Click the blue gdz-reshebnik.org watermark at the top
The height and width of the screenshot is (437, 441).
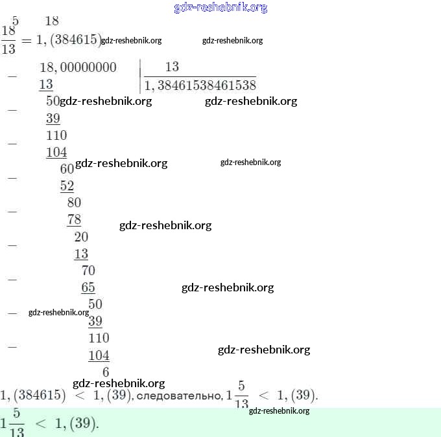pos(220,8)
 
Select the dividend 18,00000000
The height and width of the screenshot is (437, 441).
pos(78,67)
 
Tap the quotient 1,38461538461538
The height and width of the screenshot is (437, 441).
pos(200,85)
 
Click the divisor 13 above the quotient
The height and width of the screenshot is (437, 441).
pos(172,67)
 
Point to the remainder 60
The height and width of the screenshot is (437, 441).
pos(67,168)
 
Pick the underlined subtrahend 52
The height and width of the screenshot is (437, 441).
pos(67,186)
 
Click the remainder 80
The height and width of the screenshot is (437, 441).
pos(74,203)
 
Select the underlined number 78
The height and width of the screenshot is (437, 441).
pos(74,219)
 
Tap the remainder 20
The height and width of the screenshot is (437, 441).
pos(81,236)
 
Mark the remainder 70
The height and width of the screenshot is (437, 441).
pos(88,271)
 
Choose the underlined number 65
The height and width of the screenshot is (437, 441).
pos(88,287)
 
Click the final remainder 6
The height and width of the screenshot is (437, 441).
pos(106,372)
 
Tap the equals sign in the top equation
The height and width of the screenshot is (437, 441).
pos(27,40)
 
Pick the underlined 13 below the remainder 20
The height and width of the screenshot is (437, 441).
pos(81,254)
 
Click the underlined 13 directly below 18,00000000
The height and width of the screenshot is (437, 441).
pos(46,85)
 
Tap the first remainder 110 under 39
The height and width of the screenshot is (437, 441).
pos(56,135)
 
